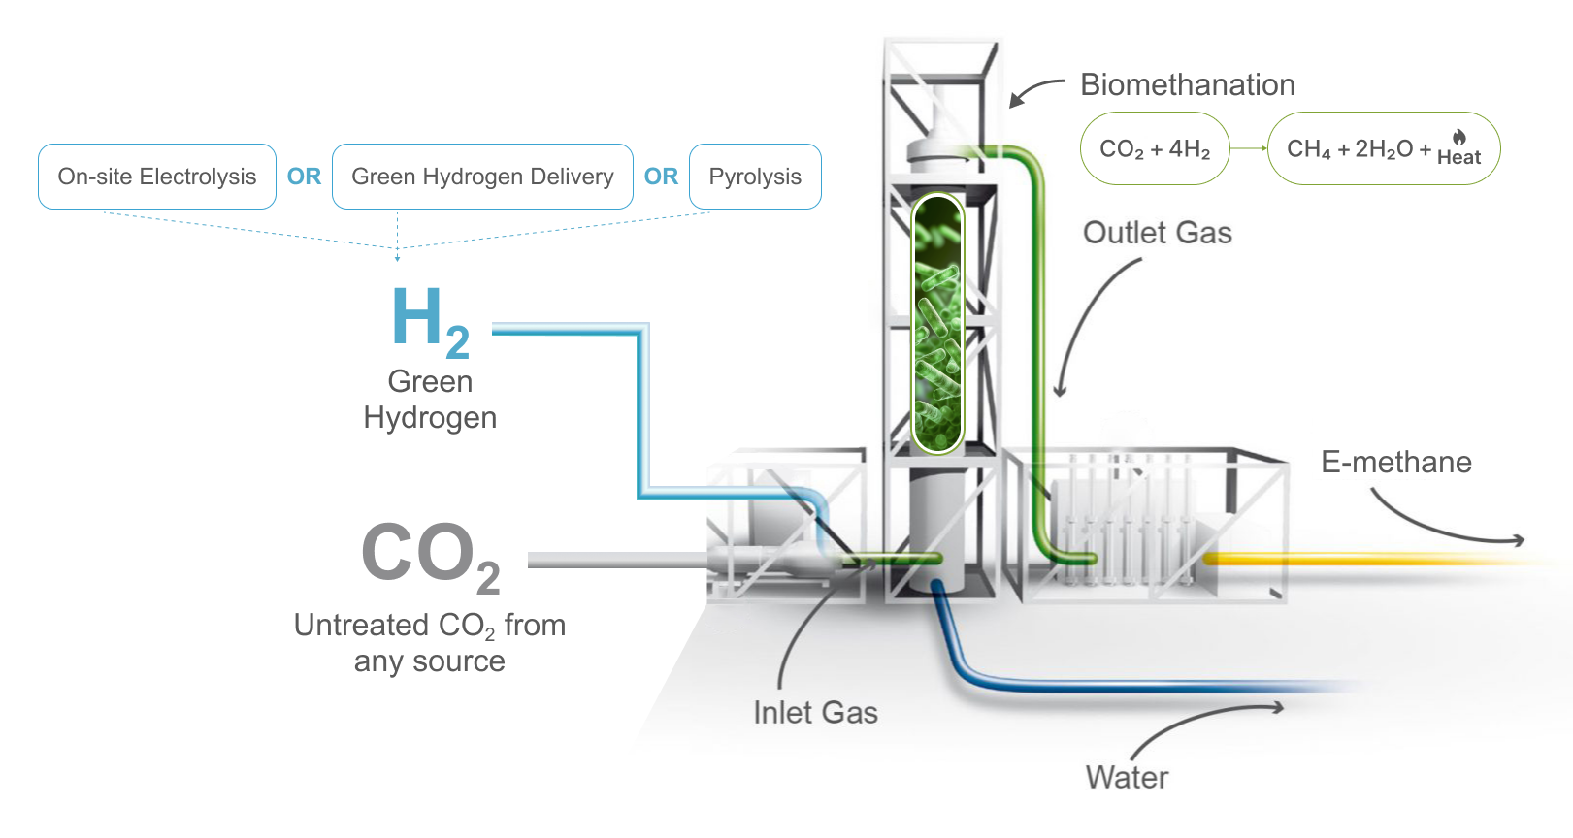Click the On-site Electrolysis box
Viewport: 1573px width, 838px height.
(157, 177)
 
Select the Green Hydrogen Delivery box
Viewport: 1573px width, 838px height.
(482, 177)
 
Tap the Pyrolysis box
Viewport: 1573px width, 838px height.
(755, 177)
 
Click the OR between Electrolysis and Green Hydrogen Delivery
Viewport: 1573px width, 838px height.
(304, 177)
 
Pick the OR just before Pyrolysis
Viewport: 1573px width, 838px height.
(661, 177)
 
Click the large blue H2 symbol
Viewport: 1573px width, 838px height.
(430, 320)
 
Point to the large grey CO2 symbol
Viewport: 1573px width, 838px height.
(430, 555)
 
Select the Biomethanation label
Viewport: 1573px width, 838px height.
(1187, 85)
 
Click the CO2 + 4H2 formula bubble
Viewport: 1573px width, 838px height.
(1155, 148)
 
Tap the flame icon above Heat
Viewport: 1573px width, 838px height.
(1459, 137)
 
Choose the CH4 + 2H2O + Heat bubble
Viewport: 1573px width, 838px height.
(1383, 148)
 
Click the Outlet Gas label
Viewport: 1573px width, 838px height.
(1157, 233)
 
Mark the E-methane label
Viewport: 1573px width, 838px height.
(1395, 463)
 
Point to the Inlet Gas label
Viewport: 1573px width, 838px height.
(815, 713)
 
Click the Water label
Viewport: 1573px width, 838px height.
(1127, 777)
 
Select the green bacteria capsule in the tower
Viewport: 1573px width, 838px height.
(936, 325)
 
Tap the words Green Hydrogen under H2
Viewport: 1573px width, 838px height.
(430, 400)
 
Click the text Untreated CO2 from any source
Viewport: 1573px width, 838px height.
(430, 643)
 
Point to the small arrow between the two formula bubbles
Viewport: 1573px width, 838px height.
(1249, 148)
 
